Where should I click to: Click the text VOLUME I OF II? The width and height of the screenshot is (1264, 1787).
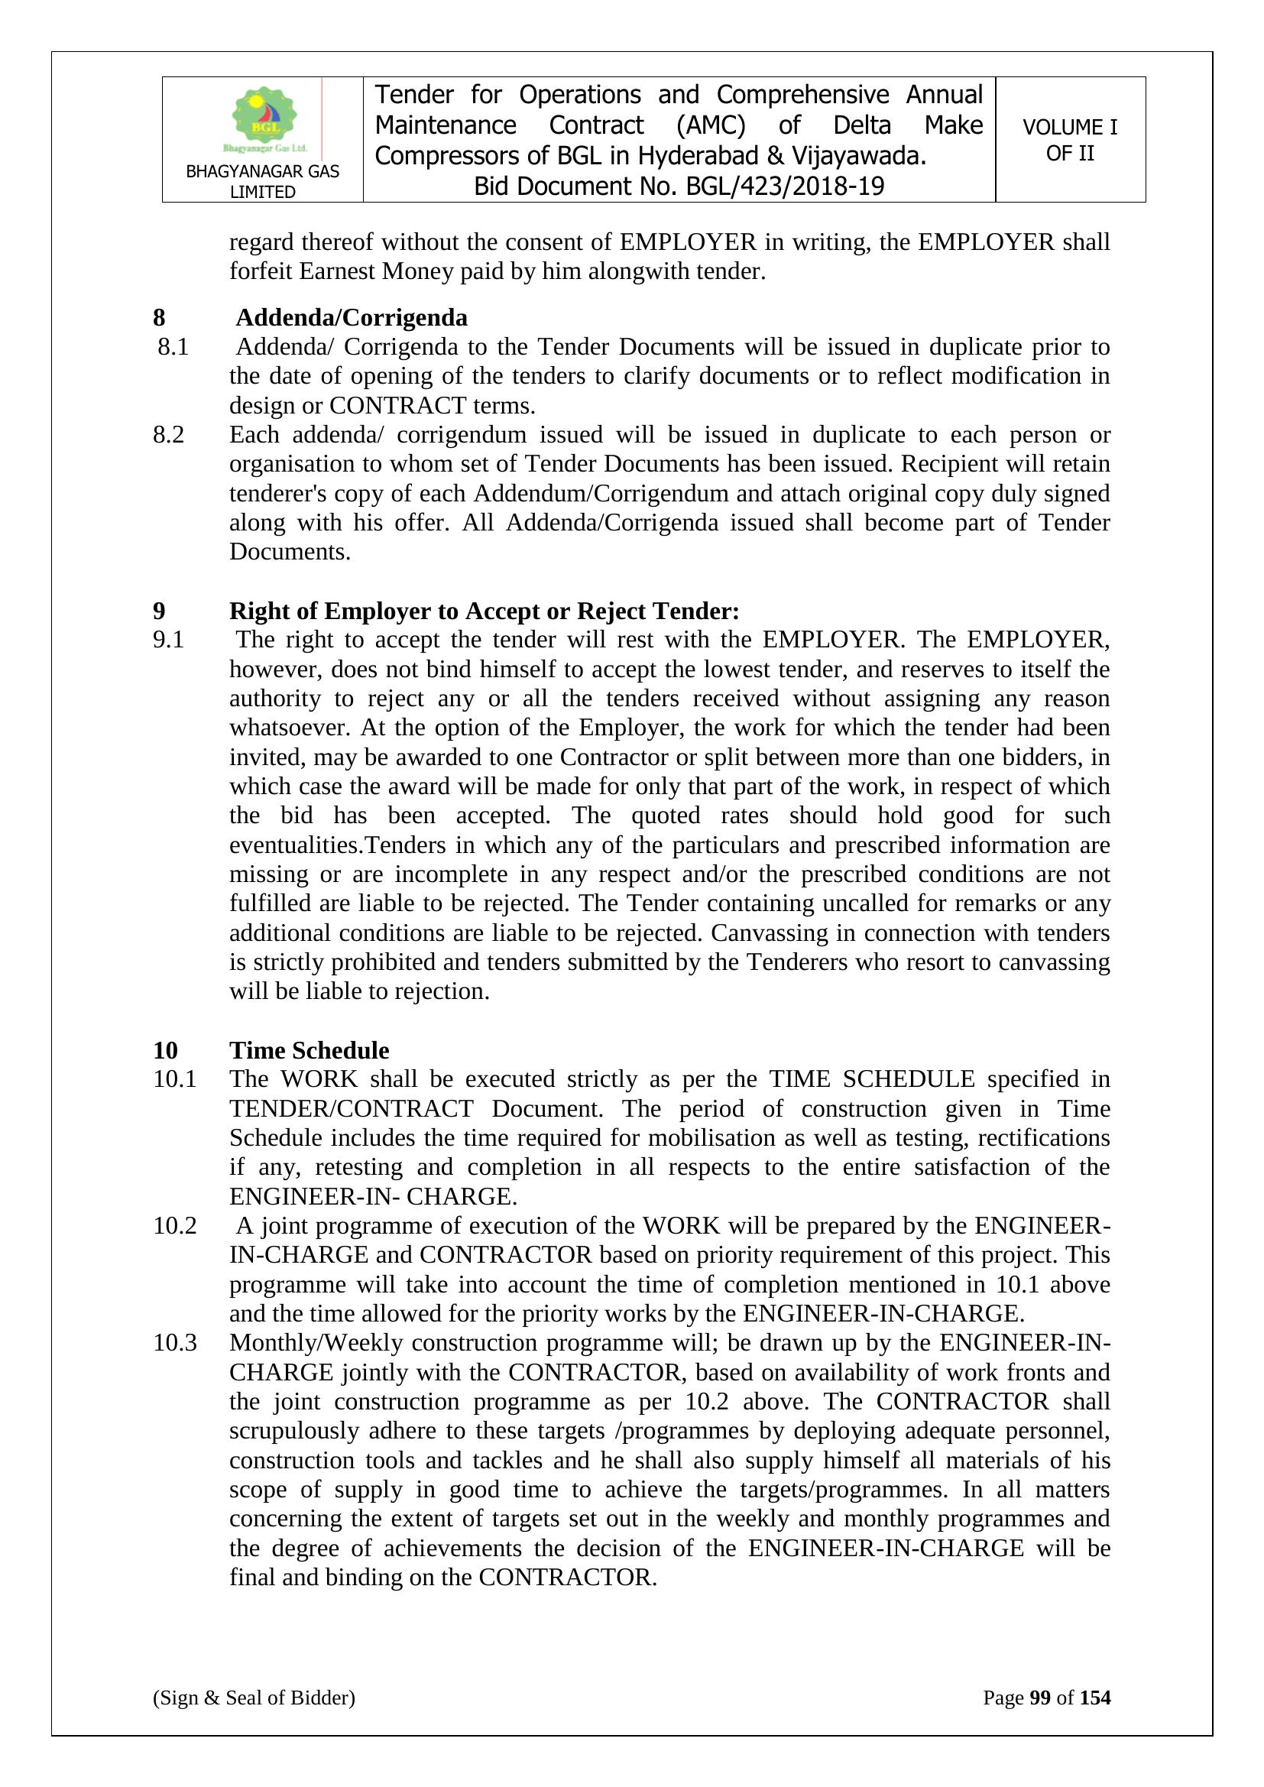[1069, 140]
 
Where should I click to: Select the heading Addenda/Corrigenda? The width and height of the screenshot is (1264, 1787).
[351, 317]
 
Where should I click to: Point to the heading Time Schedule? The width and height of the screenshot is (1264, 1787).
[309, 1050]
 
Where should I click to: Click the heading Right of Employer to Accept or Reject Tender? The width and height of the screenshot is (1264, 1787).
[483, 611]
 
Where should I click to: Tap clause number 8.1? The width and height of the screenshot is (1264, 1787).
[173, 347]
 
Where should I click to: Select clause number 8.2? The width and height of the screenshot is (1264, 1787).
[168, 435]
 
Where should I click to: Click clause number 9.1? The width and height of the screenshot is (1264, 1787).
[168, 640]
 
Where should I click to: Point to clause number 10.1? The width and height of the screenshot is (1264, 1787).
[174, 1079]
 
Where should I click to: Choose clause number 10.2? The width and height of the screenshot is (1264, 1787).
[174, 1226]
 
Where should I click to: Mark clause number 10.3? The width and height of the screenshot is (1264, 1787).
[174, 1343]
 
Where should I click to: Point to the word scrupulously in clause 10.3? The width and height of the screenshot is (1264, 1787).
[293, 1431]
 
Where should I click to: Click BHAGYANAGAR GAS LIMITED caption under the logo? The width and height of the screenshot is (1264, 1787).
[262, 181]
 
